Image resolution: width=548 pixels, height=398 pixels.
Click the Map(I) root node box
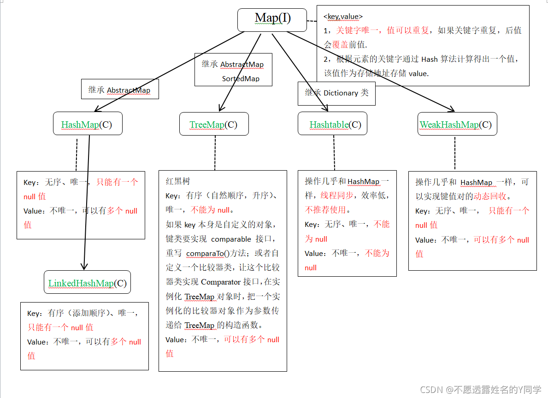272,20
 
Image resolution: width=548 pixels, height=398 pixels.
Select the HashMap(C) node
88,124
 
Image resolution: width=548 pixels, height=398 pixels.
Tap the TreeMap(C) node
214,124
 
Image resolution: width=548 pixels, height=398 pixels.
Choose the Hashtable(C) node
332,124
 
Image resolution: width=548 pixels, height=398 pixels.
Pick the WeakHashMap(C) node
457,124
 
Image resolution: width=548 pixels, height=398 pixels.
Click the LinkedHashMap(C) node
88,283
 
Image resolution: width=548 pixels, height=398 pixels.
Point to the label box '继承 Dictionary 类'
336,93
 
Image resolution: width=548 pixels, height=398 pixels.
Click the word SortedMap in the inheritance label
241,79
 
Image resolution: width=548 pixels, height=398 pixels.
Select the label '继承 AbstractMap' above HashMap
119,90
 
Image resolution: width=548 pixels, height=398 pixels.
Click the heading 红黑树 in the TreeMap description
178,181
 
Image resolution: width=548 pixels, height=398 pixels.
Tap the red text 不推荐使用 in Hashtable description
325,210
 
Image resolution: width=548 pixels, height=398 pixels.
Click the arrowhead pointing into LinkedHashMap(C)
84,266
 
